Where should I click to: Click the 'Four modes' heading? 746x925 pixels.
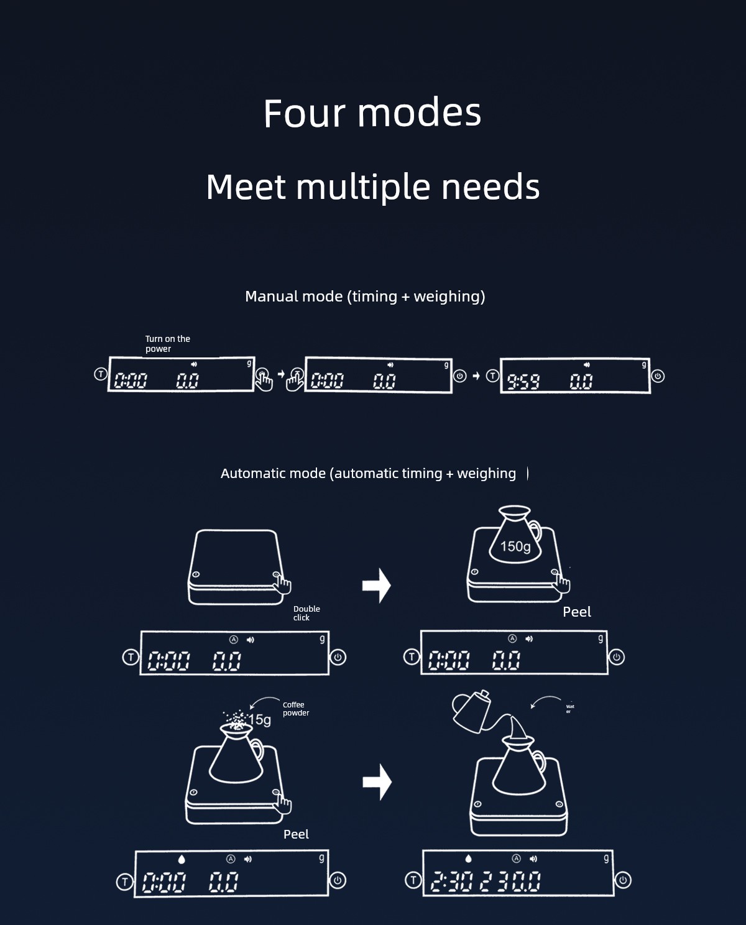(372, 113)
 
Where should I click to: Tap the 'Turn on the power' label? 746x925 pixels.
(167, 344)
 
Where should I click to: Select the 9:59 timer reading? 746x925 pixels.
(523, 381)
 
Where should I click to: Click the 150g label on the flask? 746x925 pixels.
(515, 546)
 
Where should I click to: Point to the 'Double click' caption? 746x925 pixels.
(306, 613)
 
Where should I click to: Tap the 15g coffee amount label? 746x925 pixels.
(260, 720)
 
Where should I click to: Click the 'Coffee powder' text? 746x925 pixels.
(295, 709)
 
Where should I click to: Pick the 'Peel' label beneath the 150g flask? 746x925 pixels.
(576, 612)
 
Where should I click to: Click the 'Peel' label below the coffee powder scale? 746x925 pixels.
(296, 834)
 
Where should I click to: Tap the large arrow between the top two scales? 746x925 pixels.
(376, 585)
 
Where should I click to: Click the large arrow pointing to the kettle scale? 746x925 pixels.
(377, 781)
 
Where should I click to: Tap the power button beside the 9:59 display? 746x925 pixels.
(658, 376)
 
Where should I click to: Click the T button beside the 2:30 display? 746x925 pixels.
(413, 880)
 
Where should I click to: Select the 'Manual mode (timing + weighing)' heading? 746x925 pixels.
(365, 297)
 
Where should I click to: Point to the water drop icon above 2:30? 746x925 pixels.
(469, 858)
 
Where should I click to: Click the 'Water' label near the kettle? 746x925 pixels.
(569, 709)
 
